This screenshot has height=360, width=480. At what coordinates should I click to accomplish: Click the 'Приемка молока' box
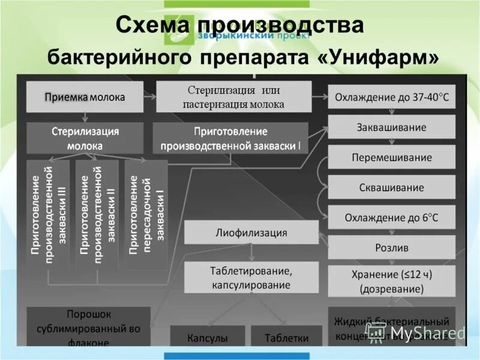pos(85,96)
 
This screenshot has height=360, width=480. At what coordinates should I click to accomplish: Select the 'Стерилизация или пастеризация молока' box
pos(234,97)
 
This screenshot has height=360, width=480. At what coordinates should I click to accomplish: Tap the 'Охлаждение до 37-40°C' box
pos(391,97)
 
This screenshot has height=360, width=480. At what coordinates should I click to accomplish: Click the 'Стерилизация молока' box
pos(85,139)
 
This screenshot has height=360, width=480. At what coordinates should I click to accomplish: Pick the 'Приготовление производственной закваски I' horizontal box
pos(230,139)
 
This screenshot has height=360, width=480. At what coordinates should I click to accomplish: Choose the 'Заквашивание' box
pos(391,127)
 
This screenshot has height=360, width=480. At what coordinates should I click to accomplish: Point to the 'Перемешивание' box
pos(391,157)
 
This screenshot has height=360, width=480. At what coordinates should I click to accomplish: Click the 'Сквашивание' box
pos(391,187)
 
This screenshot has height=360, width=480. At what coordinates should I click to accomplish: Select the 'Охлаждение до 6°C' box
pos(391,217)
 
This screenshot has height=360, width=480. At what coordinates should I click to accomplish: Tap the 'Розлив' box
pos(391,247)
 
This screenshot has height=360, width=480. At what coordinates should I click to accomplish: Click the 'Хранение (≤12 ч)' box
pos(391,281)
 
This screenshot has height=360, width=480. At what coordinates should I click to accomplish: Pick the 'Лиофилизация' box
pos(251,232)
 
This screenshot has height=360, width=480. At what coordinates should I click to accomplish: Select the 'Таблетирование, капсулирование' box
pos(251,278)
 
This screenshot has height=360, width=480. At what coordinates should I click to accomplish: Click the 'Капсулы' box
pos(208,337)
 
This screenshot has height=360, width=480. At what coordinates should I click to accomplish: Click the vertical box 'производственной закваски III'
pos(48,215)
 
